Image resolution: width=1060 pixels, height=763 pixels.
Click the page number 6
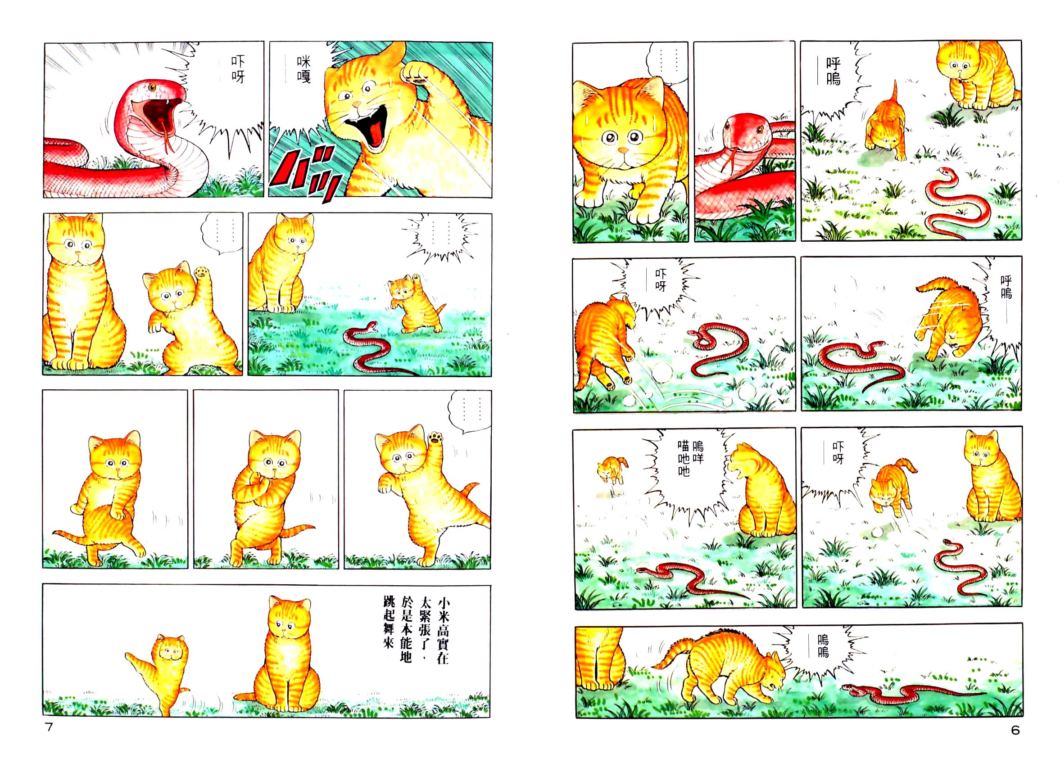pyautogui.click(x=1015, y=730)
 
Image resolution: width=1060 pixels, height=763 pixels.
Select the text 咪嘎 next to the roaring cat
pyautogui.click(x=304, y=70)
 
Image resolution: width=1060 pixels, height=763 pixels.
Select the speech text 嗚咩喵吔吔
pyautogui.click(x=691, y=458)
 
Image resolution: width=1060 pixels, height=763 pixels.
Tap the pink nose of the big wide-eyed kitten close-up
pyautogui.click(x=623, y=150)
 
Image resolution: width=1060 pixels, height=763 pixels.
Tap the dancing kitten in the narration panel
pyautogui.click(x=161, y=673)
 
